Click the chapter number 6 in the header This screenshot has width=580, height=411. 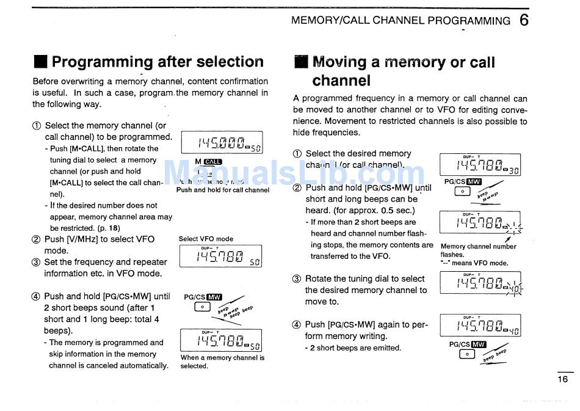click(524, 20)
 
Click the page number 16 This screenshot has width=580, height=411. click(562, 379)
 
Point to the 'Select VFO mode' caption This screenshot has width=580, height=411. click(206, 239)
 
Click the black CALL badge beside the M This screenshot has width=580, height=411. click(213, 162)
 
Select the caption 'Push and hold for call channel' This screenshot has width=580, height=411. click(223, 190)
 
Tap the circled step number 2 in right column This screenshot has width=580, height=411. click(297, 188)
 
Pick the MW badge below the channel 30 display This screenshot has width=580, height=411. click(474, 181)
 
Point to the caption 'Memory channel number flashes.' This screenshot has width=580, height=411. click(478, 250)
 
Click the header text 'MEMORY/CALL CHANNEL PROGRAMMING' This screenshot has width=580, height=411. click(401, 20)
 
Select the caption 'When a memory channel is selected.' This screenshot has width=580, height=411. click(222, 362)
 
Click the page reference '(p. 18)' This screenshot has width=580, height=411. click(108, 228)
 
